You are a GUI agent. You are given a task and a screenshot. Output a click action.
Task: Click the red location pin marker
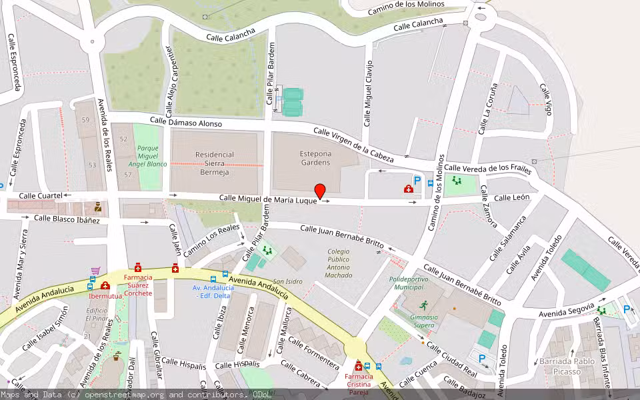(x=320, y=191)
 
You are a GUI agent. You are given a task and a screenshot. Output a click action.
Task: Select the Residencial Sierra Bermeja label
(x=214, y=163)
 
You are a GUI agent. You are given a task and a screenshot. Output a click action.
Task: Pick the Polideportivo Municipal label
(x=408, y=283)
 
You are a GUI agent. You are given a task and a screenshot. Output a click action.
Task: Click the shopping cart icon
(x=95, y=271)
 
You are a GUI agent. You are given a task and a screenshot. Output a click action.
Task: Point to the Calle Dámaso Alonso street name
(x=185, y=122)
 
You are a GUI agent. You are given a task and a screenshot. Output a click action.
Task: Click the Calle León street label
(x=511, y=197)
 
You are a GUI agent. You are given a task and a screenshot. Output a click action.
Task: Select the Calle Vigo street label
(x=546, y=100)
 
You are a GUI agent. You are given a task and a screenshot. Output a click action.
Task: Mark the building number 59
(x=85, y=120)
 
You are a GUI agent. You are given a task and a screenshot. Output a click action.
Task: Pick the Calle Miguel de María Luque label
(x=268, y=199)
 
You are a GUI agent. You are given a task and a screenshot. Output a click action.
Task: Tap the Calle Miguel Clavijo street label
(x=367, y=93)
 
